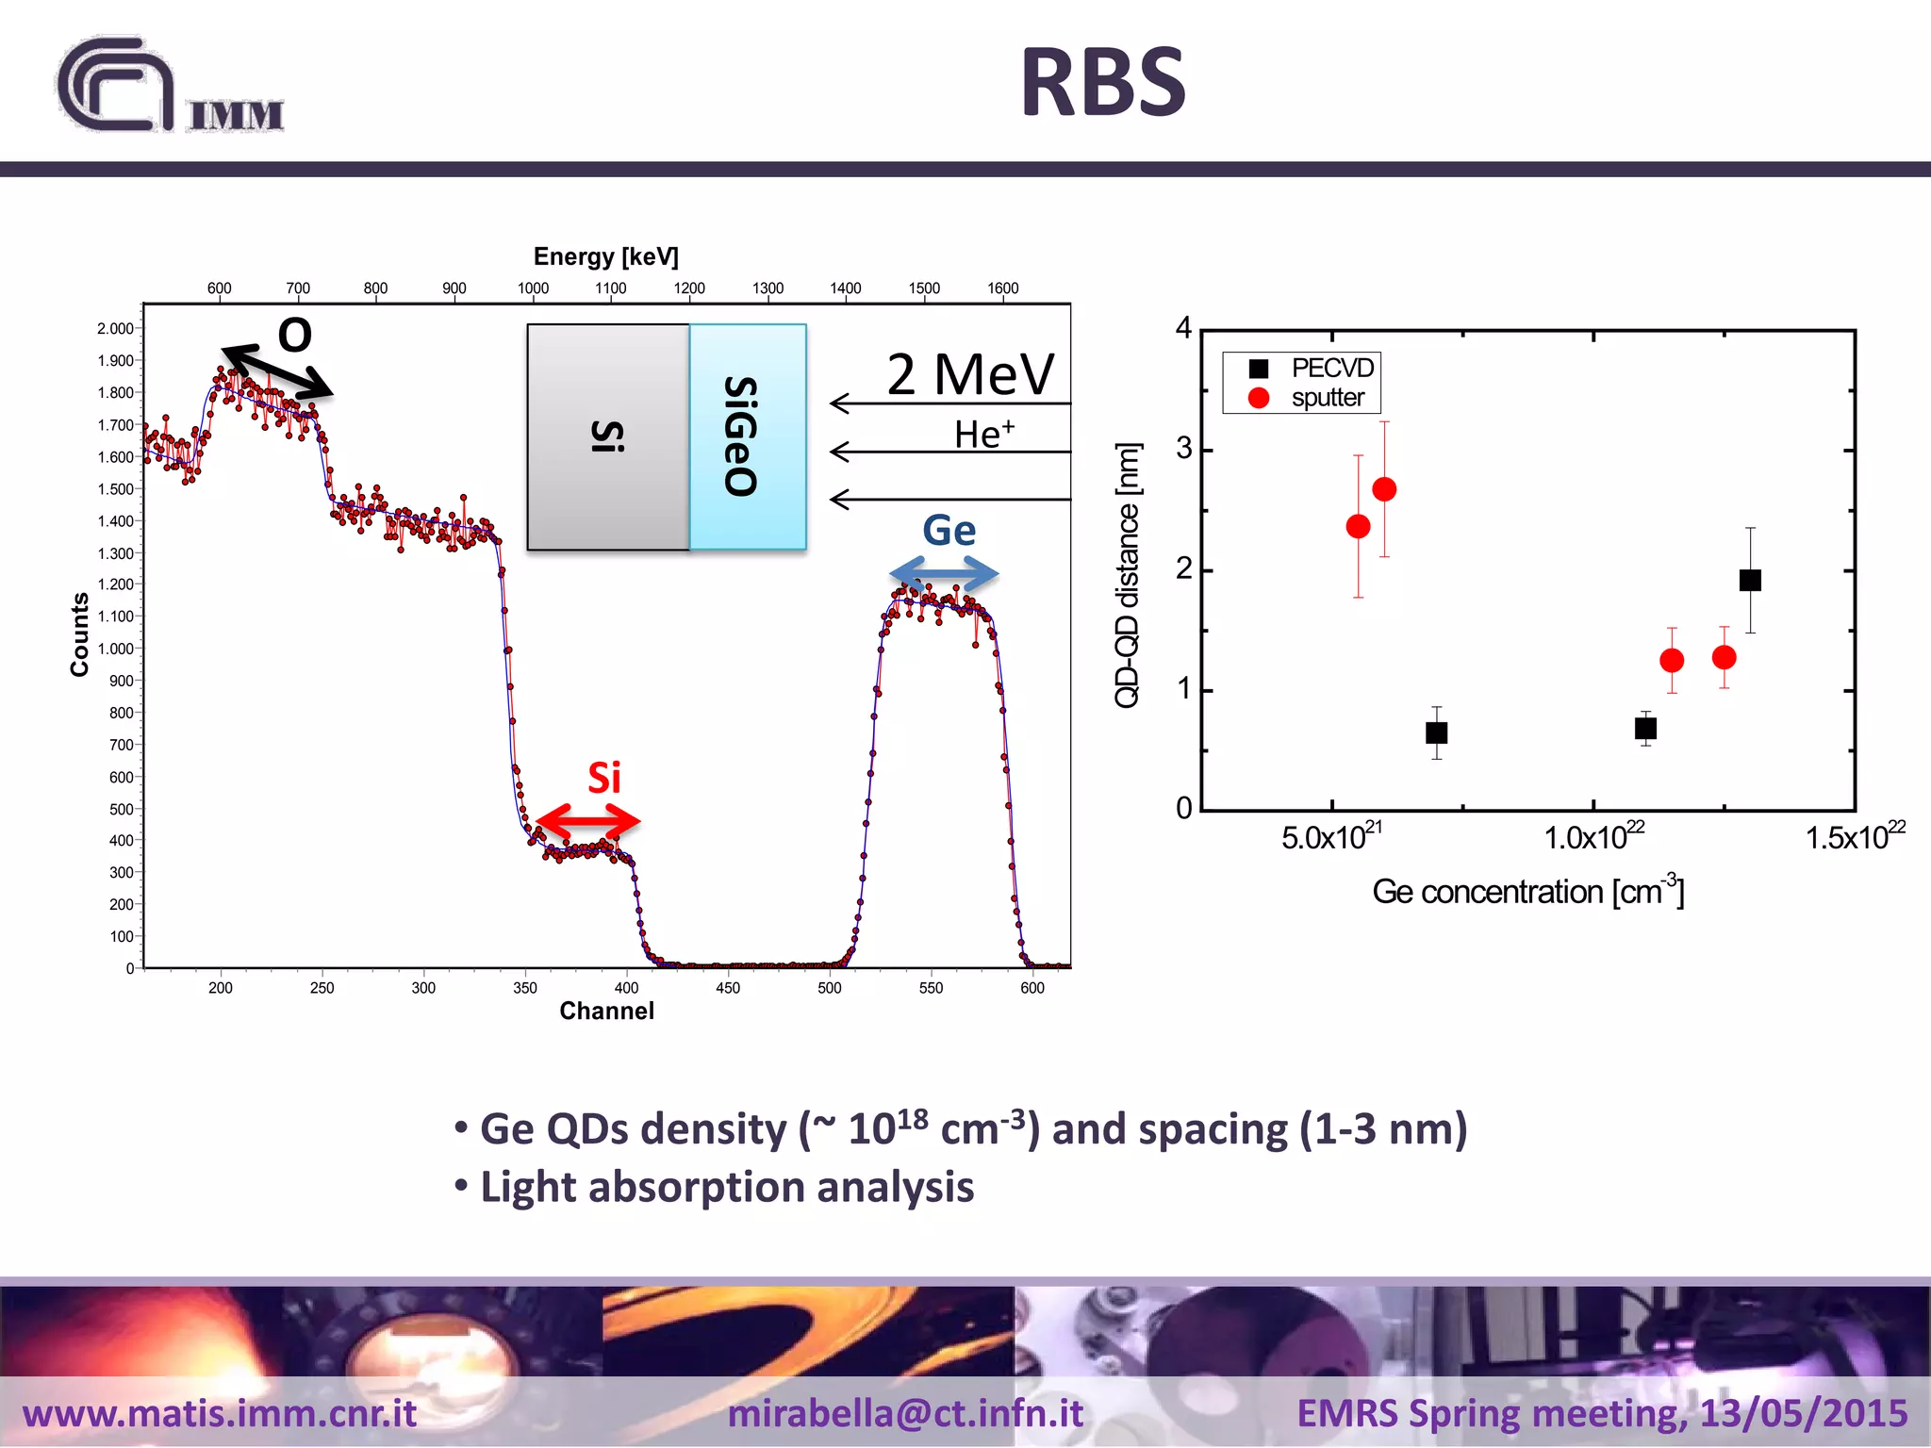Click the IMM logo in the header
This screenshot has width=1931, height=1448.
pyautogui.click(x=170, y=87)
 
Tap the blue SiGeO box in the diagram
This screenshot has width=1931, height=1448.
pyautogui.click(x=748, y=436)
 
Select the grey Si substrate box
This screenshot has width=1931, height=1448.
pyautogui.click(x=608, y=436)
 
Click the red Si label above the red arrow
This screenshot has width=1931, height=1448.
pyautogui.click(x=604, y=778)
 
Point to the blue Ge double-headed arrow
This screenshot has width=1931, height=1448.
pyautogui.click(x=944, y=573)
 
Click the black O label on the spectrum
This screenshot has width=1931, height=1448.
pyautogui.click(x=295, y=335)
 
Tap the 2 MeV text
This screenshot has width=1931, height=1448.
pyautogui.click(x=970, y=374)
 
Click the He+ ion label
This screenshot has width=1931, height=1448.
pyautogui.click(x=983, y=435)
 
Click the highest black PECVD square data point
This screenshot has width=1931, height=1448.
pyautogui.click(x=1750, y=580)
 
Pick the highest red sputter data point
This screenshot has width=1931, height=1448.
pyautogui.click(x=1384, y=489)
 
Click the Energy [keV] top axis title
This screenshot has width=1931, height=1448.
pyautogui.click(x=605, y=256)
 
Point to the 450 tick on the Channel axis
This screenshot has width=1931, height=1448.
pyautogui.click(x=728, y=988)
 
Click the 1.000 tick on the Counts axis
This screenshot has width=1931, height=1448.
pyautogui.click(x=116, y=649)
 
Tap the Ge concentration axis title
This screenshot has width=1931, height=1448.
pyautogui.click(x=1527, y=891)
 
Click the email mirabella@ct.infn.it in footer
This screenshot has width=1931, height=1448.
pyautogui.click(x=905, y=1413)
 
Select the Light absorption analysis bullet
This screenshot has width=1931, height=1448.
pyautogui.click(x=726, y=1187)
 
